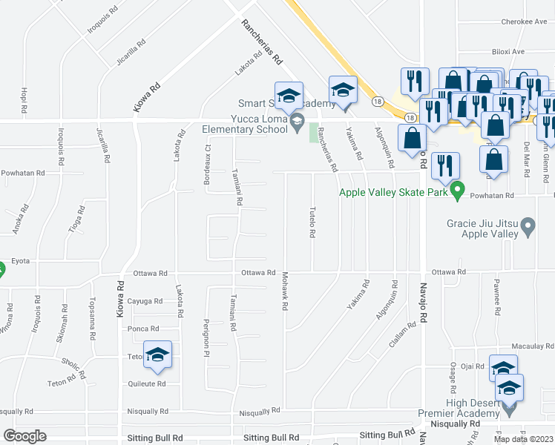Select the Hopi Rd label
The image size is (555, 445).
click(x=24, y=99)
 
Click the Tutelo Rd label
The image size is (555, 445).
click(x=312, y=222)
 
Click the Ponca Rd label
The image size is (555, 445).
click(x=143, y=329)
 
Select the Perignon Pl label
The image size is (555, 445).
click(x=206, y=337)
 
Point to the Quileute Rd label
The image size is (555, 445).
click(x=145, y=384)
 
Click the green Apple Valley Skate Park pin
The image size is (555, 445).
click(x=457, y=189)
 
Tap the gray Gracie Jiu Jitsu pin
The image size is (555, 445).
click(x=528, y=225)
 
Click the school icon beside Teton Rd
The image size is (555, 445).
click(x=158, y=355)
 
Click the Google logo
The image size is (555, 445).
click(x=24, y=436)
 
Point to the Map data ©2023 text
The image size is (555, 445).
click(x=522, y=439)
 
